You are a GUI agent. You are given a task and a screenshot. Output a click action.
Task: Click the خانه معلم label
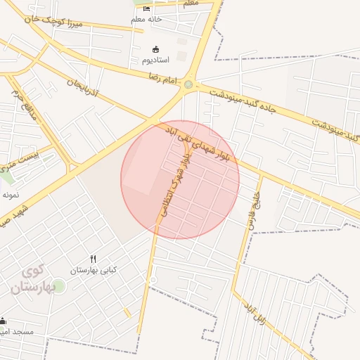(146, 19)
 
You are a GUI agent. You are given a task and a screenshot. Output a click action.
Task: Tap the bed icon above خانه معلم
(146, 8)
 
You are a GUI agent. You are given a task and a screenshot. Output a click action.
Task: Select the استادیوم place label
(155, 60)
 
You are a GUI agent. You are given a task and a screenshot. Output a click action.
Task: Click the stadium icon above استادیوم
(155, 49)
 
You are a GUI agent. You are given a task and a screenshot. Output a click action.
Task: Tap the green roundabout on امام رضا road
(188, 85)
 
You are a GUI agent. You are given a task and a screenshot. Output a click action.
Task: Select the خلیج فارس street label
(253, 205)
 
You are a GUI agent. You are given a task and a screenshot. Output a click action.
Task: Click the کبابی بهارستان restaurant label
(93, 270)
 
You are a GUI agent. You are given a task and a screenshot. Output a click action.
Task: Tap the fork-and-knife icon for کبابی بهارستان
(93, 259)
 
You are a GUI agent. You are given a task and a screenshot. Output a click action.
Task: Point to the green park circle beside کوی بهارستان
(58, 285)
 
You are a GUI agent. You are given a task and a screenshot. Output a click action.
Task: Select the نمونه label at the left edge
(10, 194)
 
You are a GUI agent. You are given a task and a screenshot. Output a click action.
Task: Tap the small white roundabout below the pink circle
(152, 281)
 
